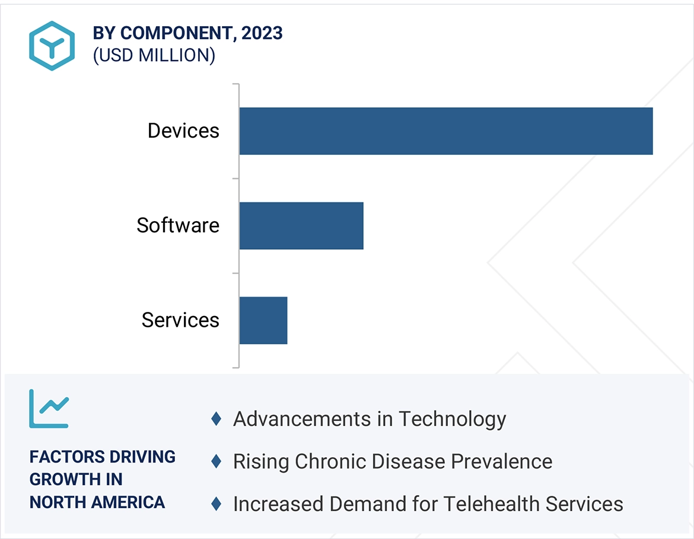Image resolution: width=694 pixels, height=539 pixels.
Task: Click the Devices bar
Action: click(445, 131)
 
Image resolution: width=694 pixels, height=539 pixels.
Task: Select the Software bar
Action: click(301, 225)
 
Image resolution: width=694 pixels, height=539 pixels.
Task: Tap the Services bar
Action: click(263, 320)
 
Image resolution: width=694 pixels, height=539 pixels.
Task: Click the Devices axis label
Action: click(183, 131)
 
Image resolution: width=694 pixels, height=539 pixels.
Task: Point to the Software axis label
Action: click(178, 225)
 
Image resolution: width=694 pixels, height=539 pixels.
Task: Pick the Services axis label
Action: click(180, 320)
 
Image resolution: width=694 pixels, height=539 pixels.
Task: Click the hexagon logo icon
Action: click(52, 46)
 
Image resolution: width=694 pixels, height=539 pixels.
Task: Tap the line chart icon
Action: click(49, 409)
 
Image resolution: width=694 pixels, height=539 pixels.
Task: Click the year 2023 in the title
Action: click(262, 33)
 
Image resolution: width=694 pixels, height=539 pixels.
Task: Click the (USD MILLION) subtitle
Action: click(154, 55)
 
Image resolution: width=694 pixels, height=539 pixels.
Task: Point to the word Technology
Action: click(452, 419)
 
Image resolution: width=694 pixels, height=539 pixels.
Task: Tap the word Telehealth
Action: click(491, 504)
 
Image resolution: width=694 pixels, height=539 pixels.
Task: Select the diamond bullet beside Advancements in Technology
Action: click(217, 419)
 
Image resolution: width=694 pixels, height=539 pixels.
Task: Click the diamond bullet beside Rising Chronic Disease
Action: click(217, 461)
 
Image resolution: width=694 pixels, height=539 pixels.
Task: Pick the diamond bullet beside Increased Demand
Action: click(217, 504)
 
